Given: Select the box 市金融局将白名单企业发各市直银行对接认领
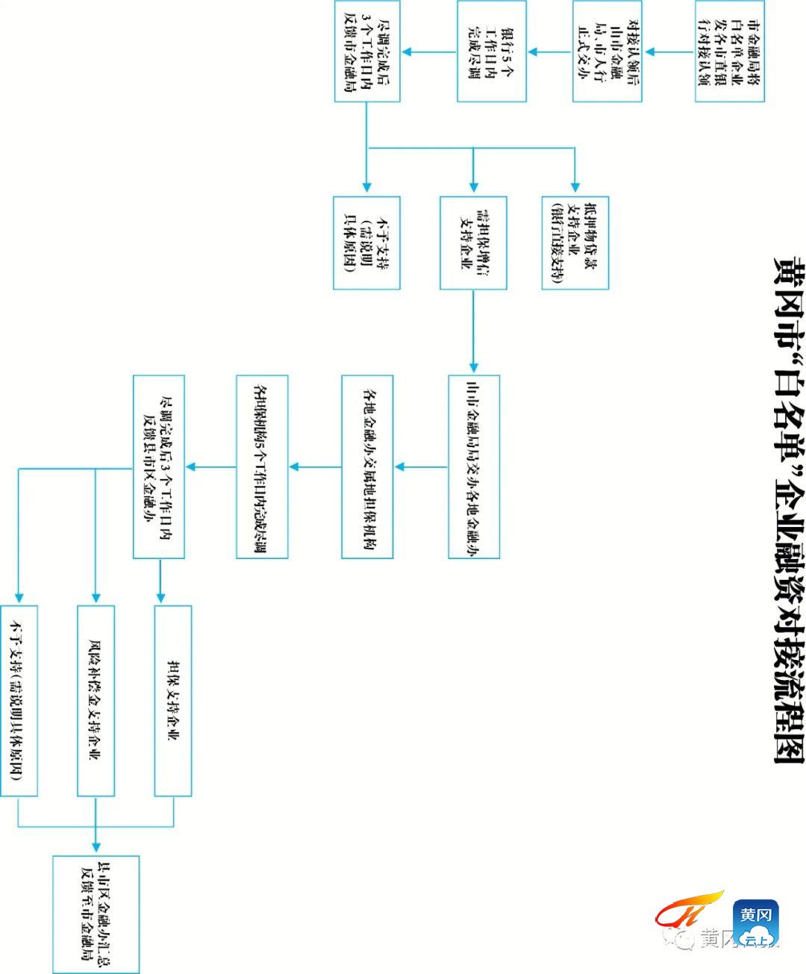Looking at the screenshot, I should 729,51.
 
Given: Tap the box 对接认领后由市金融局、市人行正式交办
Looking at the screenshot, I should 607,51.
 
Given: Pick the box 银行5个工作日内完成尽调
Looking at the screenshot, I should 492,51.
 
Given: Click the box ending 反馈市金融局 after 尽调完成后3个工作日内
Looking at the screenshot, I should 366,51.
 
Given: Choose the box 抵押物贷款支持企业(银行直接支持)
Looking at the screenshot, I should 575,243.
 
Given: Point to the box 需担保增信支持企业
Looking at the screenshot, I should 473,243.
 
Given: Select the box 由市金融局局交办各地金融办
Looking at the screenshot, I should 473,466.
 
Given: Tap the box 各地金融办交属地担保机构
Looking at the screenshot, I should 367,466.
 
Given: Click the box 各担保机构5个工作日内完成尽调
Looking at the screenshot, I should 262,466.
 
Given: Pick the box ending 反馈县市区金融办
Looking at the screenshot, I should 158,466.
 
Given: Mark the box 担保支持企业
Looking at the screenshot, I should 173,700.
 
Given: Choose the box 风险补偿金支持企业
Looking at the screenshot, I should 96,700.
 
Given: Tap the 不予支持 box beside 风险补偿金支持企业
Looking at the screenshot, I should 19,700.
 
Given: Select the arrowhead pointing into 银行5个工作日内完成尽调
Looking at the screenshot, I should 531,51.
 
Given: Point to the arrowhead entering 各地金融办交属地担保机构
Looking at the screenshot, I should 399,467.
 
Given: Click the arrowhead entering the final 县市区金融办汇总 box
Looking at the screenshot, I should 96,849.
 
